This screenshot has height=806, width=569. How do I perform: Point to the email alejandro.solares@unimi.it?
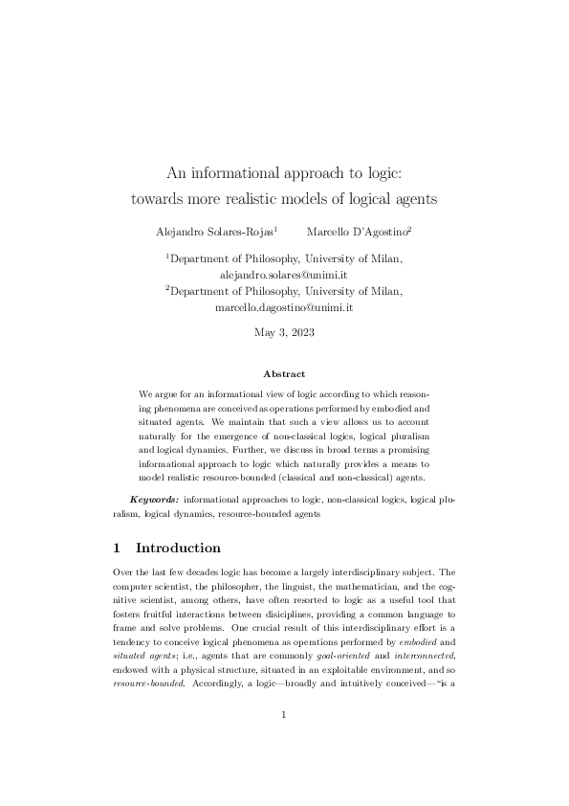point(283,274)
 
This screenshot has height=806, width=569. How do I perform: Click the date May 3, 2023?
point(284,333)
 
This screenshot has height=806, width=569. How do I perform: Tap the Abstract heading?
point(284,374)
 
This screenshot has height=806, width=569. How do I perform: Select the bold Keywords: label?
point(153,500)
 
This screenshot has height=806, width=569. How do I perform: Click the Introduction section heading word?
point(179,549)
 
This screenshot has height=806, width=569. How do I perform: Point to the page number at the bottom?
point(284,740)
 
